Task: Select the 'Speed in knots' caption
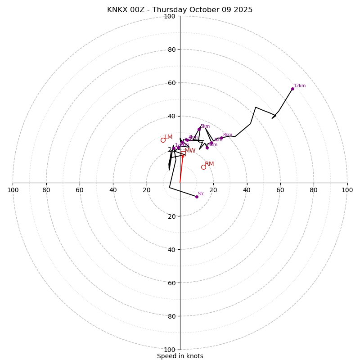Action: (180, 356)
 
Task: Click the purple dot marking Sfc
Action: (197, 197)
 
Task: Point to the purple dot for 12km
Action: (292, 89)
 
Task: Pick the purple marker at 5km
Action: (199, 129)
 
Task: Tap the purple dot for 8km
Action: (221, 138)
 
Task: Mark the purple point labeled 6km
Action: (207, 148)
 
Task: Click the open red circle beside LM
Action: (163, 140)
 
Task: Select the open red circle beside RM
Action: (203, 167)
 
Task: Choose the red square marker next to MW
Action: (183, 153)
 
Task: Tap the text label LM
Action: (168, 137)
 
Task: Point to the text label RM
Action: (209, 164)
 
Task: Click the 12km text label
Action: (300, 85)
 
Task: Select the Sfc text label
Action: (201, 193)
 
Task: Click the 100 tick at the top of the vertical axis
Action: (170, 16)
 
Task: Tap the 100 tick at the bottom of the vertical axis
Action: (170, 350)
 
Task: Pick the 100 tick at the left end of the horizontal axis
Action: (13, 190)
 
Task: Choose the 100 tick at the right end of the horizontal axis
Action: (347, 190)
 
